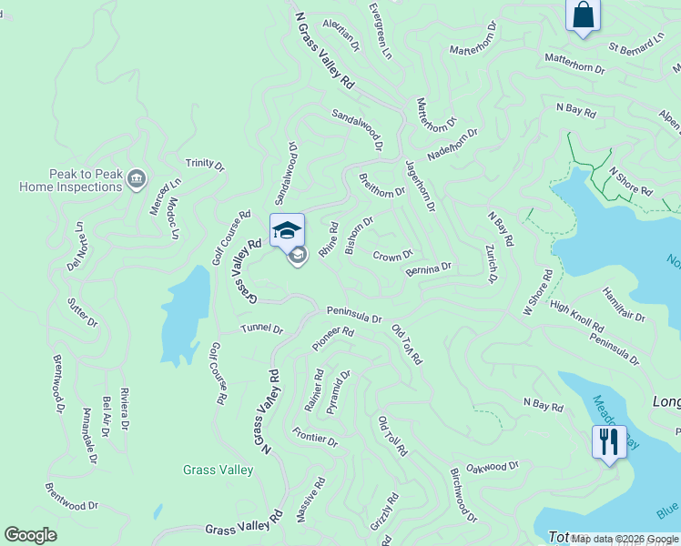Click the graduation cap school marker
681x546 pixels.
(287, 229)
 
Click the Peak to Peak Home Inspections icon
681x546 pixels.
(137, 177)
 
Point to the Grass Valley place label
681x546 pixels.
(218, 470)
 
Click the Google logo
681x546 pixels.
(30, 535)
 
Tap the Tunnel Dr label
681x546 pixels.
(261, 329)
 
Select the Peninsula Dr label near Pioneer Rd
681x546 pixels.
(354, 314)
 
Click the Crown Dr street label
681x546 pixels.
(392, 256)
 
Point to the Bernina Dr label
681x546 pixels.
(428, 269)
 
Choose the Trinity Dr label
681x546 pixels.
(205, 164)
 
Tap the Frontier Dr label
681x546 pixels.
(315, 436)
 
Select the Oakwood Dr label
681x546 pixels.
(492, 467)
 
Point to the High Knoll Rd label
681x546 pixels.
(576, 315)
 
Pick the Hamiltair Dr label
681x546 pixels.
(623, 305)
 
